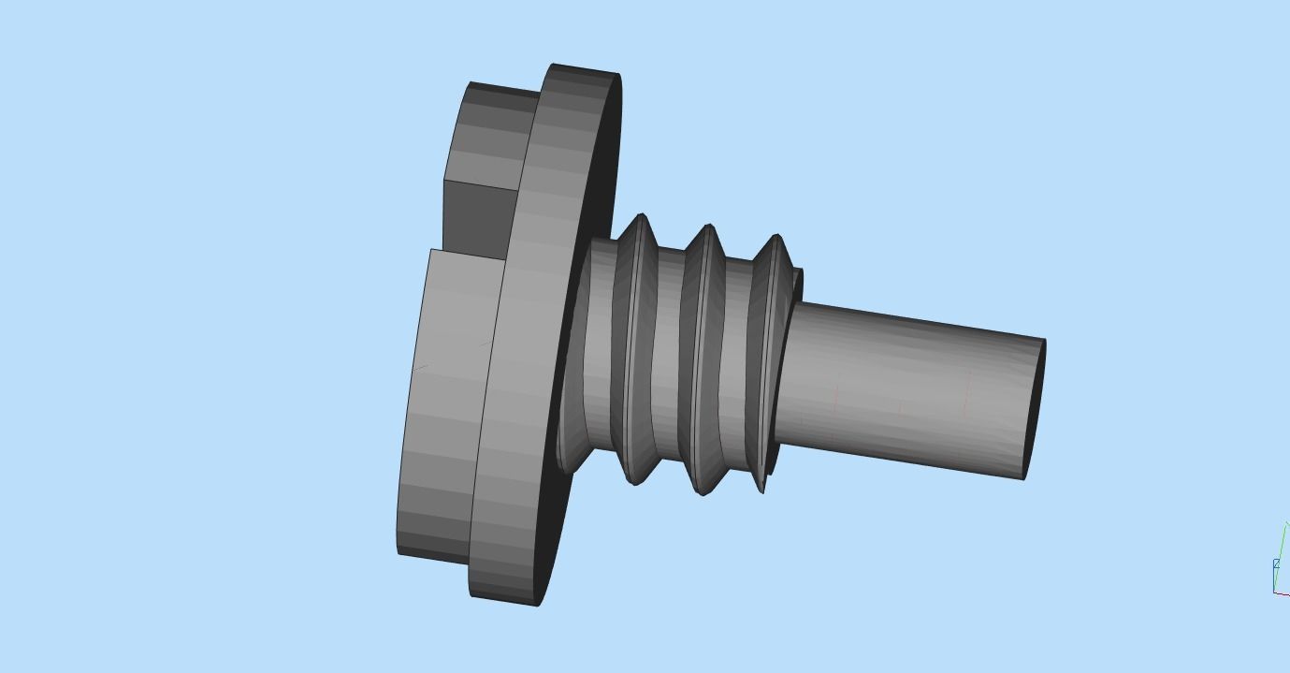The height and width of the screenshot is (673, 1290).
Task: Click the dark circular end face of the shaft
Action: point(1036,410)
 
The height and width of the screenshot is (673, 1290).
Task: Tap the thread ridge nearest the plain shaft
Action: point(772,365)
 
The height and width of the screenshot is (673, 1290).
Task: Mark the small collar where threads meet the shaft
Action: point(796,285)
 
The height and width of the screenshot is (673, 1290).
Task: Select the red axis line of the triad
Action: point(1283,593)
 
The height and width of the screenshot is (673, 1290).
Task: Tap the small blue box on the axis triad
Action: point(1276,563)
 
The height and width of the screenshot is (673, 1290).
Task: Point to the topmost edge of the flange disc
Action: point(585,67)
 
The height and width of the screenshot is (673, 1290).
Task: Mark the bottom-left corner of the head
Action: point(399,552)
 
